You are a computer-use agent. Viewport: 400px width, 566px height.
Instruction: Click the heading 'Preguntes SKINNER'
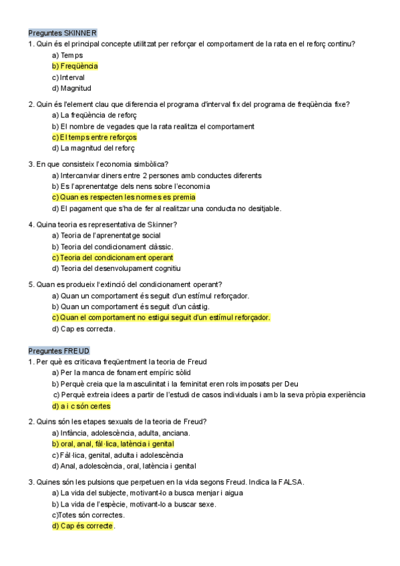click(x=63, y=33)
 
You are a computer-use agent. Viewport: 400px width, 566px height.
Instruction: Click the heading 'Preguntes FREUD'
click(x=59, y=350)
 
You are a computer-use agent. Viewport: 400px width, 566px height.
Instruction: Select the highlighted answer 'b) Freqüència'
click(x=75, y=66)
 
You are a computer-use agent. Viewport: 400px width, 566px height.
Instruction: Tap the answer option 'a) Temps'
click(x=67, y=55)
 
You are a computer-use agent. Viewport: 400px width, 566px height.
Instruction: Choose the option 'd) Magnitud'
click(x=71, y=88)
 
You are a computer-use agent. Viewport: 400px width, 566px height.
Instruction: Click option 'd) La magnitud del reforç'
click(x=93, y=148)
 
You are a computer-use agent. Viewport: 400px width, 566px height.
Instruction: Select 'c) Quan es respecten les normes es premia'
click(x=124, y=198)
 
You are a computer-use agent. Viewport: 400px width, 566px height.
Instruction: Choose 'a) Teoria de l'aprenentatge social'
click(x=106, y=235)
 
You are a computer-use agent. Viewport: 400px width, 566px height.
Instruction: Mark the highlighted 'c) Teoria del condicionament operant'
click(x=112, y=258)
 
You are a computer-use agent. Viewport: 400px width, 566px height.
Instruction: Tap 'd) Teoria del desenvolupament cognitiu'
click(x=116, y=268)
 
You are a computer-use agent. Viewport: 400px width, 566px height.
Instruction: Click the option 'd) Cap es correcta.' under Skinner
click(x=83, y=328)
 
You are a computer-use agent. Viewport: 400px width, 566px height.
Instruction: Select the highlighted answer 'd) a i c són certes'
click(x=81, y=406)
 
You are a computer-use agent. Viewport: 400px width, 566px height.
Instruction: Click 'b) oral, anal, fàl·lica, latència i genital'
click(x=113, y=444)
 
